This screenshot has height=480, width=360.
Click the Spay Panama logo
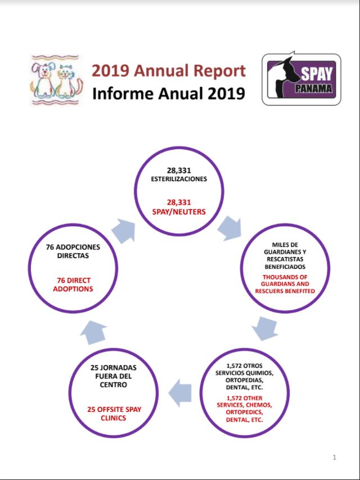(301, 79)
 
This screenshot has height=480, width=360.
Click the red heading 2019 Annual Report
(168, 71)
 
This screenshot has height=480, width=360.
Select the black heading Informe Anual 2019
(168, 93)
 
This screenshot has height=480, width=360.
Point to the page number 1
(334, 457)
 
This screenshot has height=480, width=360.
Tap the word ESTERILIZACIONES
(180, 179)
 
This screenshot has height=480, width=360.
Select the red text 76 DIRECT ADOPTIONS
(74, 284)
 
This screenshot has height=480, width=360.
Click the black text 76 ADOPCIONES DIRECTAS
(74, 251)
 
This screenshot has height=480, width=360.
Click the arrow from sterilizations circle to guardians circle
(229, 227)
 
